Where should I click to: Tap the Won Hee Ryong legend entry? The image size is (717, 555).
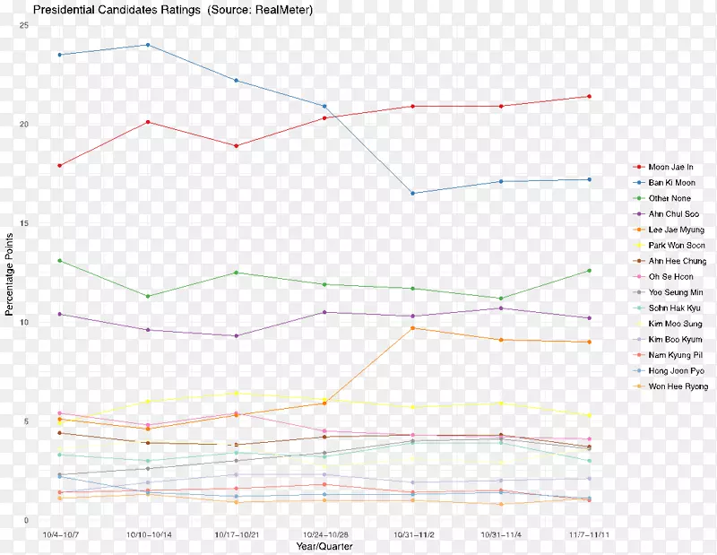[x=678, y=386]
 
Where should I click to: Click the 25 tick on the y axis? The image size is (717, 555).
[x=23, y=25]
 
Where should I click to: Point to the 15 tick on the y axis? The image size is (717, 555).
[x=23, y=223]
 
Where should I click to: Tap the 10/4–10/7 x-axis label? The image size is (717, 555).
[x=60, y=533]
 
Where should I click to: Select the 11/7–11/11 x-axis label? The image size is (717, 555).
[x=589, y=533]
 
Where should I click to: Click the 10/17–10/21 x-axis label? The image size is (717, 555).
[x=236, y=533]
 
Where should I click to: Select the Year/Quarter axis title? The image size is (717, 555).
[x=324, y=545]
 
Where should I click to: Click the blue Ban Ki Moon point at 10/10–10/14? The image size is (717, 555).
[x=148, y=45]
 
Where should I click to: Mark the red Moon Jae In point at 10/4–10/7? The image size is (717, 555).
[x=60, y=166]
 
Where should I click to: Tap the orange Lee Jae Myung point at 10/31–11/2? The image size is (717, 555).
[x=412, y=328]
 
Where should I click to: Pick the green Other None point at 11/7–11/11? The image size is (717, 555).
[x=589, y=271]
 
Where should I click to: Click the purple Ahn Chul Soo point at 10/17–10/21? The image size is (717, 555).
[x=236, y=336]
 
